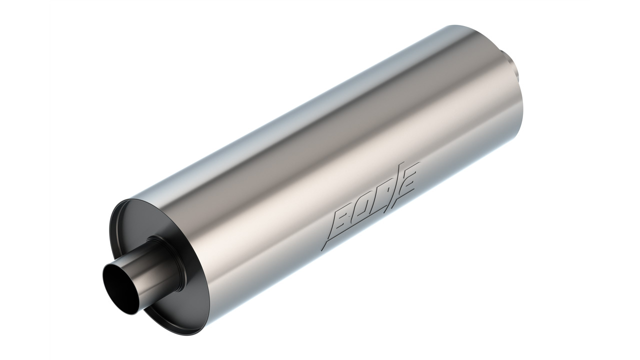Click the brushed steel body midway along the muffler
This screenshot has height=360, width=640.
click(x=320, y=150)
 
